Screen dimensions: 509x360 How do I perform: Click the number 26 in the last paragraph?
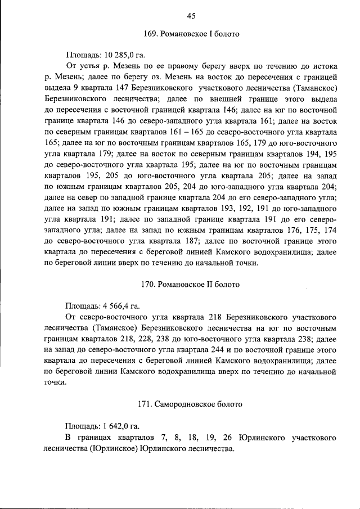pos(229,437)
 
